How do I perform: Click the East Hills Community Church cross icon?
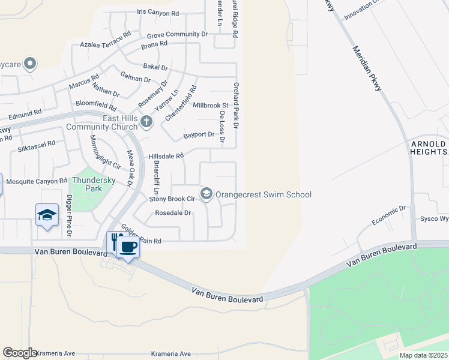[x=146, y=122]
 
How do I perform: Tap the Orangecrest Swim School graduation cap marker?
[x=206, y=193]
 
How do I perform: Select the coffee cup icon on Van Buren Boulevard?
[x=128, y=246]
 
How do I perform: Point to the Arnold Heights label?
[x=428, y=148]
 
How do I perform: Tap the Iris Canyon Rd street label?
[x=158, y=13]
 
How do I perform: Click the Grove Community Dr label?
[x=177, y=35]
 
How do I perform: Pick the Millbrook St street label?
[x=211, y=105]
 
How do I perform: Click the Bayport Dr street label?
[x=199, y=134]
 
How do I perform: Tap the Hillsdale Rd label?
[x=166, y=155]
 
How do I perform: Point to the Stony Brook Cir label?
[x=172, y=198]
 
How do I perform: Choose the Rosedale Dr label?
[x=173, y=212]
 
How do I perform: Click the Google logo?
[x=19, y=352]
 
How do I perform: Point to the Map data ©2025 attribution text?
[x=423, y=355]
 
